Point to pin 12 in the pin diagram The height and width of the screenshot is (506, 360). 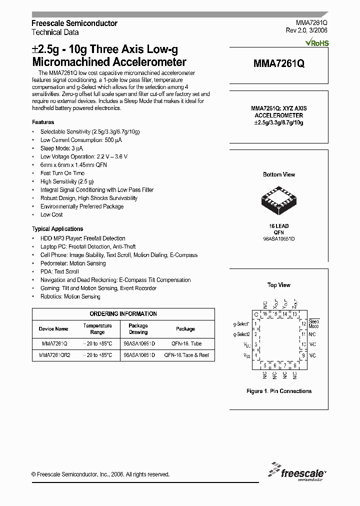[x=303, y=324]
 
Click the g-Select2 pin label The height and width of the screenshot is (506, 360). [x=242, y=334]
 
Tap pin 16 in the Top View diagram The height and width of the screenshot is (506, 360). [x=265, y=313]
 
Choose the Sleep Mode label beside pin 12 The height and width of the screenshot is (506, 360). [x=314, y=323]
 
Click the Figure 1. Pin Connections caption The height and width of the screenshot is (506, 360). [x=279, y=391]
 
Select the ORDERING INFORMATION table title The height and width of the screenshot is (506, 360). [x=123, y=313]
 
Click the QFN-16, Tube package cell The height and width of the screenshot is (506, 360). [x=185, y=344]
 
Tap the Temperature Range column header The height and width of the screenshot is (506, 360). [x=97, y=328]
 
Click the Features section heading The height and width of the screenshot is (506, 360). [x=43, y=122]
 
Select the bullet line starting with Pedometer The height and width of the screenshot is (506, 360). [x=73, y=263]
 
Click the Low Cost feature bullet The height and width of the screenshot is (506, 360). [x=51, y=214]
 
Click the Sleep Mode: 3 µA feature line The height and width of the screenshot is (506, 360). [x=62, y=148]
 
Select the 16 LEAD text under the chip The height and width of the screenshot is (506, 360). [x=278, y=226]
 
